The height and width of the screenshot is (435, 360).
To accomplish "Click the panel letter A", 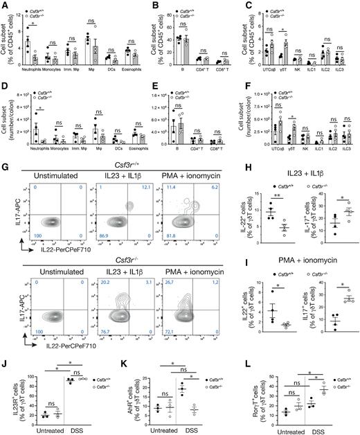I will pos(5,6).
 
